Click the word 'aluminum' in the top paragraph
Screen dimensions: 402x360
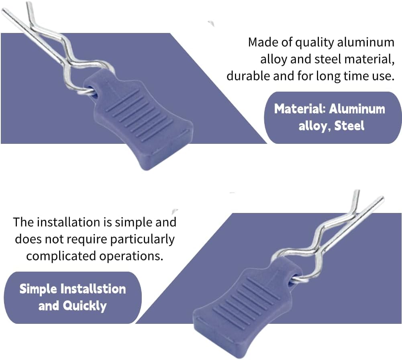365,42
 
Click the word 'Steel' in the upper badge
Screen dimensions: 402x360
349,126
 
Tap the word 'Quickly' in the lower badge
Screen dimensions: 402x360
84,306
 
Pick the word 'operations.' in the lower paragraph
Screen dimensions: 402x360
131,256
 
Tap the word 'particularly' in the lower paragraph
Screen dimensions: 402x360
142,239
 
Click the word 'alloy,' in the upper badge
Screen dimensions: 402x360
315,126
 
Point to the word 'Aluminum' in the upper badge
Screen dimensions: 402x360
357,109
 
